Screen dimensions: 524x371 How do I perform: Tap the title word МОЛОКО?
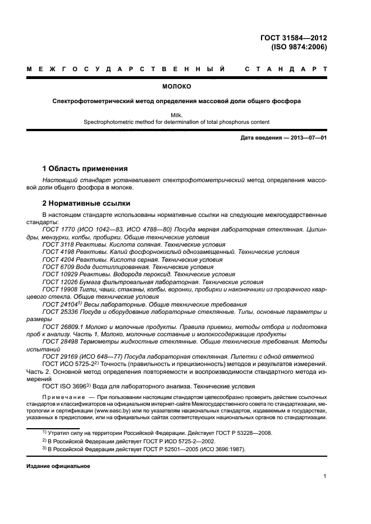point(177,87)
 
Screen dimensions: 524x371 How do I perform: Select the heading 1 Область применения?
point(85,168)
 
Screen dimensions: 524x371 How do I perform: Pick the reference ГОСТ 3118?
point(56,245)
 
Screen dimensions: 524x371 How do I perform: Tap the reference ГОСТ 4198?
point(56,252)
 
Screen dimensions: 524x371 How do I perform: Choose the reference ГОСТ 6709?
point(56,267)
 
